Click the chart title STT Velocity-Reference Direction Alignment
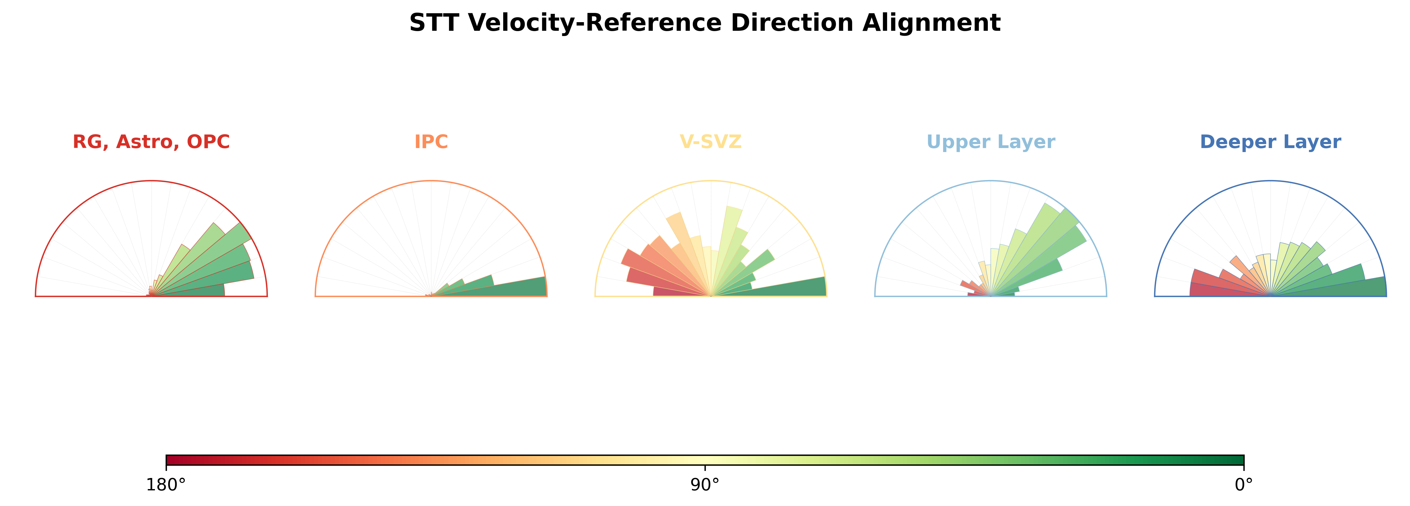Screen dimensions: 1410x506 pos(705,23)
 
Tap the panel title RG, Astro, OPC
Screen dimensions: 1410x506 pos(151,142)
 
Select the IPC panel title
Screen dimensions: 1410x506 pos(431,142)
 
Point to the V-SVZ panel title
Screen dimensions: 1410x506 pos(710,142)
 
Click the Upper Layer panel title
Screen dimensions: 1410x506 pos(991,142)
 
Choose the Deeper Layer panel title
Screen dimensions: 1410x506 pos(1271,142)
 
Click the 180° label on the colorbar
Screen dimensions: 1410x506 pos(166,485)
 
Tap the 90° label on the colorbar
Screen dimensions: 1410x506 pos(705,485)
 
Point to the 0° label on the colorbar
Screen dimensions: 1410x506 pos(1244,485)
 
